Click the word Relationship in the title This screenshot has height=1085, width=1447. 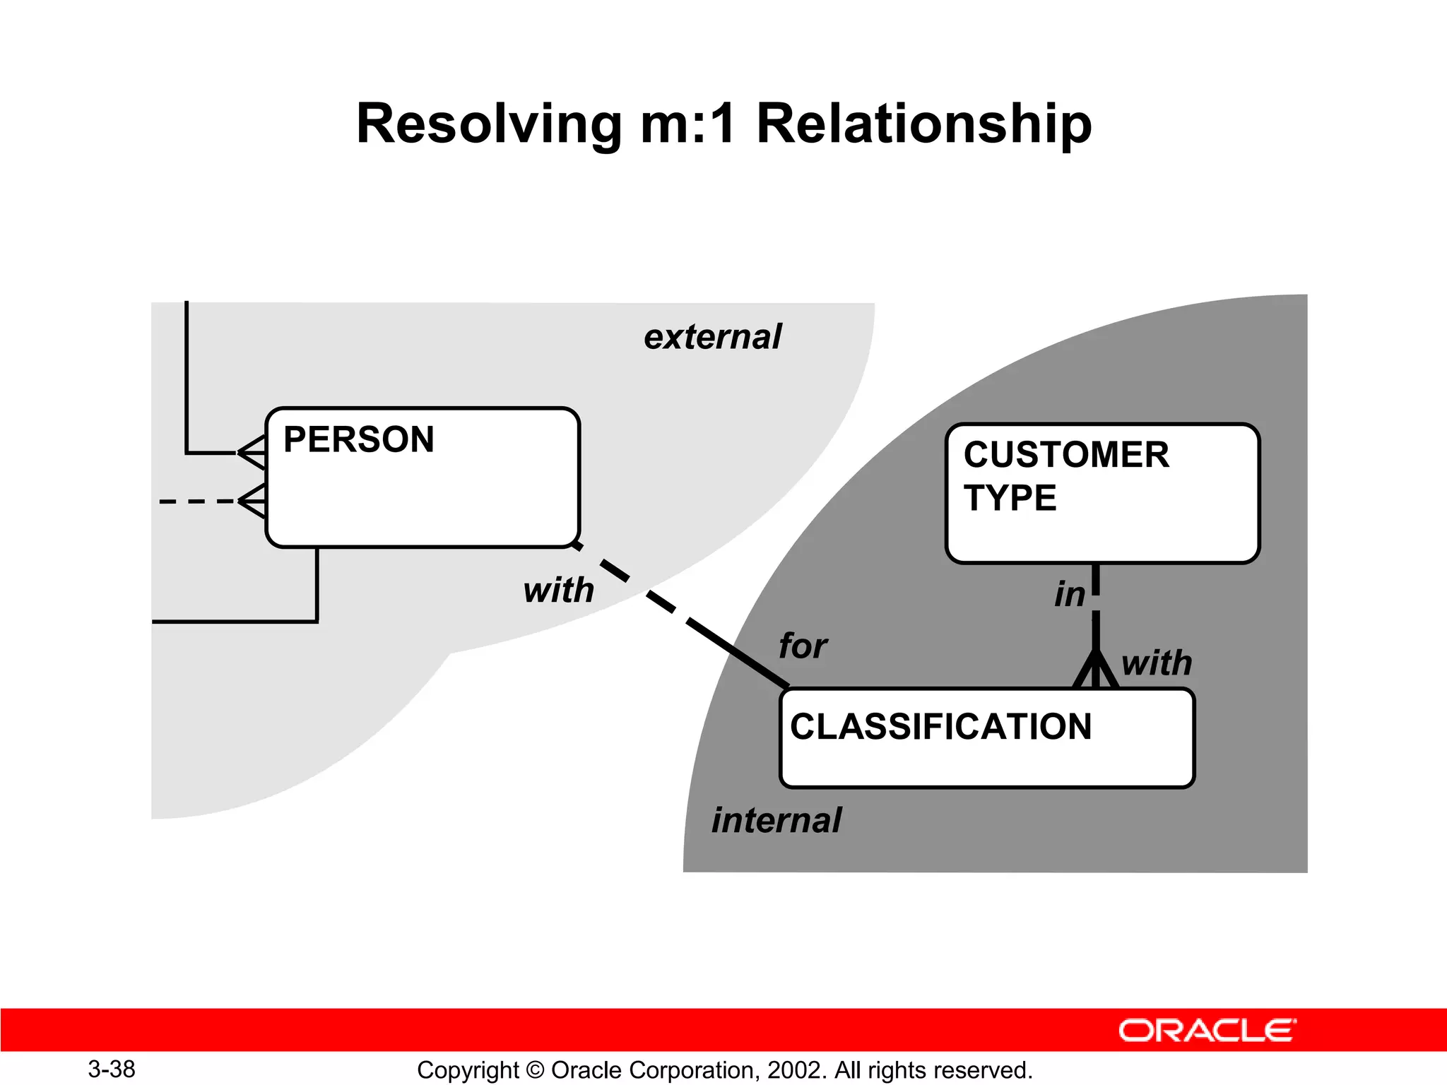pyautogui.click(x=924, y=124)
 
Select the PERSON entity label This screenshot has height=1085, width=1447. pyautogui.click(x=358, y=439)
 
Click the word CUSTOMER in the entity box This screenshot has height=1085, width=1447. pyautogui.click(x=1066, y=455)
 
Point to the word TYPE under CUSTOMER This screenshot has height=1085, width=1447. pyautogui.click(x=1010, y=498)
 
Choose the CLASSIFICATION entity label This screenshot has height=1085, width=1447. pyautogui.click(x=940, y=727)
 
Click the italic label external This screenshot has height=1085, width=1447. pyautogui.click(x=712, y=337)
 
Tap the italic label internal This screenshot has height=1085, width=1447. pyautogui.click(x=776, y=821)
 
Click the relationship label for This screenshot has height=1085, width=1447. pyautogui.click(x=803, y=646)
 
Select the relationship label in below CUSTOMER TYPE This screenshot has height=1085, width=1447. pyautogui.click(x=1069, y=595)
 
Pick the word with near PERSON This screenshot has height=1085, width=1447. pyautogui.click(x=558, y=591)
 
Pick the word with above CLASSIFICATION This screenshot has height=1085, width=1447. pyautogui.click(x=1157, y=663)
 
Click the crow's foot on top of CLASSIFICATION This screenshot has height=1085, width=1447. pyautogui.click(x=1095, y=671)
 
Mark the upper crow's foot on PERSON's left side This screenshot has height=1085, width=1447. pyautogui.click(x=252, y=452)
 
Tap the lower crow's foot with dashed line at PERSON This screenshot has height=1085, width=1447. pyautogui.click(x=252, y=501)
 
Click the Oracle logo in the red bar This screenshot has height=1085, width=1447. pyautogui.click(x=1207, y=1031)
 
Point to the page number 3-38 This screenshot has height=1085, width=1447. pyautogui.click(x=112, y=1069)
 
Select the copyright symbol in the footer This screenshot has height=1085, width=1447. pyautogui.click(x=535, y=1070)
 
